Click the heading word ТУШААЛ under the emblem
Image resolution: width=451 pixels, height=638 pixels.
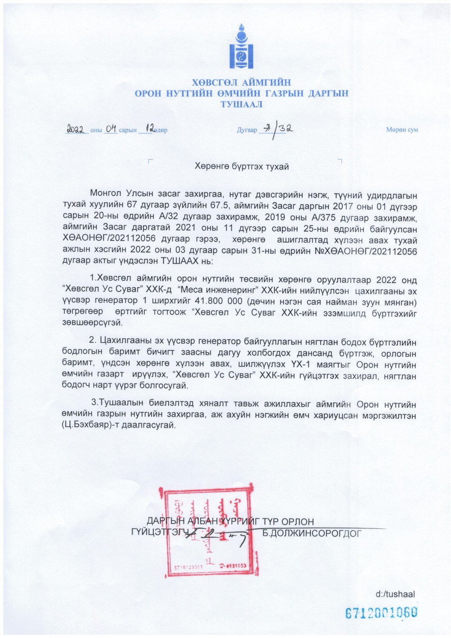241,105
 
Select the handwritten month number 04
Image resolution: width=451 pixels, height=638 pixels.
110,129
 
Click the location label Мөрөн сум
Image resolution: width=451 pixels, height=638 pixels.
402,130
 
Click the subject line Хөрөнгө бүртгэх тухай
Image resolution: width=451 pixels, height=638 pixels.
241,167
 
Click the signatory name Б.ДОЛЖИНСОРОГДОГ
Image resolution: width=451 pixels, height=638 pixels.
312,533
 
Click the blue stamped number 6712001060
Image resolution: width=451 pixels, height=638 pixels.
381,613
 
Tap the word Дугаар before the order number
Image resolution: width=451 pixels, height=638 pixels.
247,130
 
